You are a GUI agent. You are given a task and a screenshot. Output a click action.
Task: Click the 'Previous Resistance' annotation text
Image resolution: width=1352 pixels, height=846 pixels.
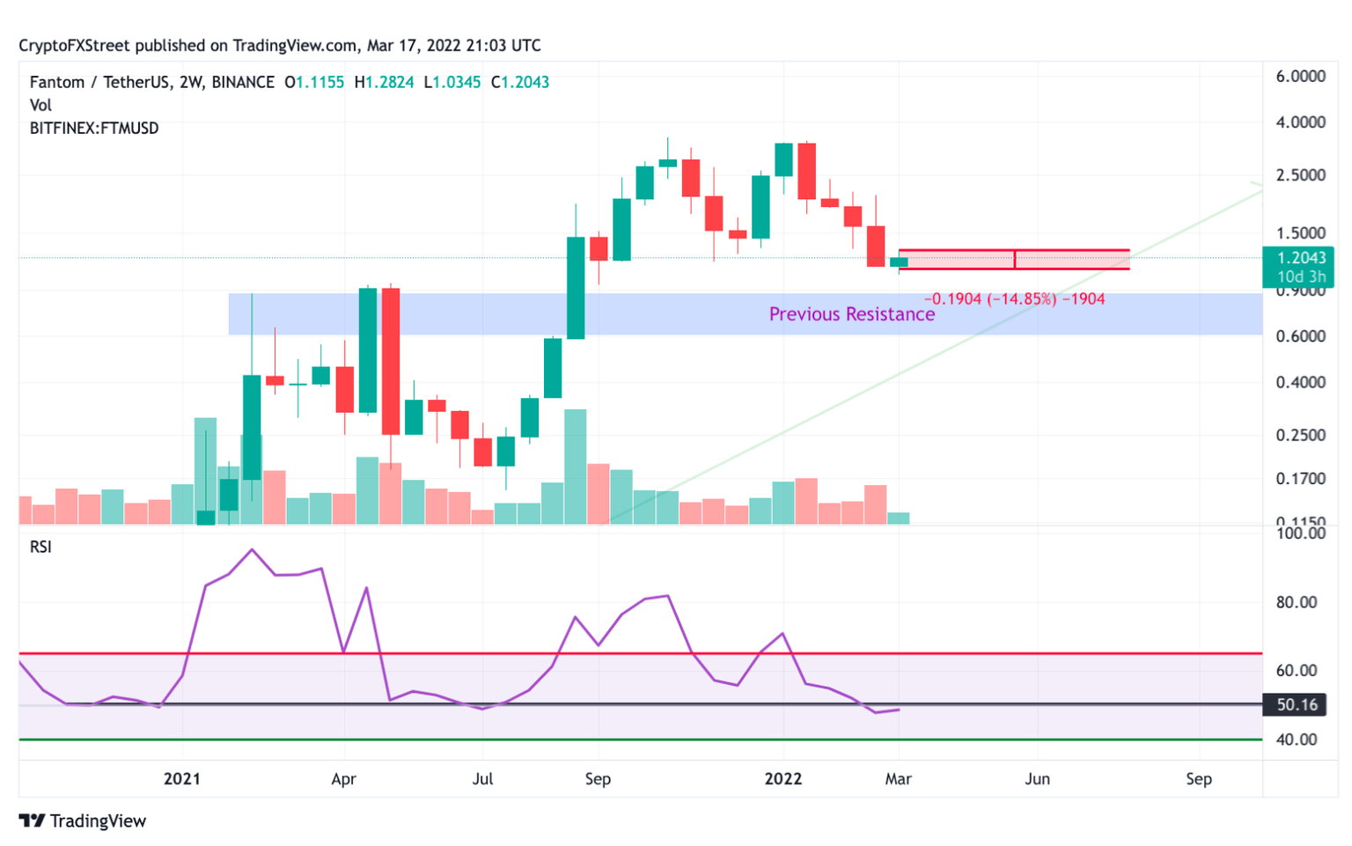[x=851, y=314]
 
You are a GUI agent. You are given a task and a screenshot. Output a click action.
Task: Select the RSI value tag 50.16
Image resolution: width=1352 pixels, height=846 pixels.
[x=1297, y=704]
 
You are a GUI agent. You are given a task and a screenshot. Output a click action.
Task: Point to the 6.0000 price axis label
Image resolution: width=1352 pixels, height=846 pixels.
[x=1300, y=77]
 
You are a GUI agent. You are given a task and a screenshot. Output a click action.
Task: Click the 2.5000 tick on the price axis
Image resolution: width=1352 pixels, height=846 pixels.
[x=1300, y=175]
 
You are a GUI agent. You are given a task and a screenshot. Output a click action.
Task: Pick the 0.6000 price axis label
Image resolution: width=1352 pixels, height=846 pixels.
[x=1300, y=336]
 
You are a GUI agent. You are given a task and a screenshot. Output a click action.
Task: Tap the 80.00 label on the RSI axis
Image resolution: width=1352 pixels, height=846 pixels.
[x=1296, y=603]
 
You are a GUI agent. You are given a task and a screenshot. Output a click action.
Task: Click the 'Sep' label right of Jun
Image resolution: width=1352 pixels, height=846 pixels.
[x=1198, y=779]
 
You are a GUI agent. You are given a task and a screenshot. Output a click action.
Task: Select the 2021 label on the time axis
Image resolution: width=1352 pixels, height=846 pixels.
[x=182, y=779]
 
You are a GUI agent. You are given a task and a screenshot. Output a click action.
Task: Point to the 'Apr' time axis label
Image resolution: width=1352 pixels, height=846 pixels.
[x=343, y=779]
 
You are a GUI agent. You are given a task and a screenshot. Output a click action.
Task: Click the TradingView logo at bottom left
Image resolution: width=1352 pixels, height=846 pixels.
[x=83, y=820]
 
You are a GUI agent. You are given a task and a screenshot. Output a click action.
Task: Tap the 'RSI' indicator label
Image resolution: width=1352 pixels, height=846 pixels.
[x=40, y=547]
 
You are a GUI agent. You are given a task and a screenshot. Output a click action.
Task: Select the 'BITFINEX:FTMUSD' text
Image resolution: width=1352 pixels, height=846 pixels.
[x=94, y=129]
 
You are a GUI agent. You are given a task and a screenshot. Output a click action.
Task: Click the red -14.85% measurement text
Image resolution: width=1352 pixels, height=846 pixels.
[x=1014, y=299]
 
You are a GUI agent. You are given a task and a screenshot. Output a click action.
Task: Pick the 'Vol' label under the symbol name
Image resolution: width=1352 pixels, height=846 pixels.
[x=40, y=105]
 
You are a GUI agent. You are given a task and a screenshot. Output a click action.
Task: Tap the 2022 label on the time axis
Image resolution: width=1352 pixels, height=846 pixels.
[x=783, y=779]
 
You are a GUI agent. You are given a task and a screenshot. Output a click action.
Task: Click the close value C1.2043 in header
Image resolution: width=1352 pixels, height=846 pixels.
[x=520, y=82]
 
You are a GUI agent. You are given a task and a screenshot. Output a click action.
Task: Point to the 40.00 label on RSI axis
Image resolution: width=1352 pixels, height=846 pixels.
[x=1296, y=739]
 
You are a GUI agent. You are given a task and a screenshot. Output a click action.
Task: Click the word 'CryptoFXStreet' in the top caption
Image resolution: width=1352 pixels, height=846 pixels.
[x=74, y=46]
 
